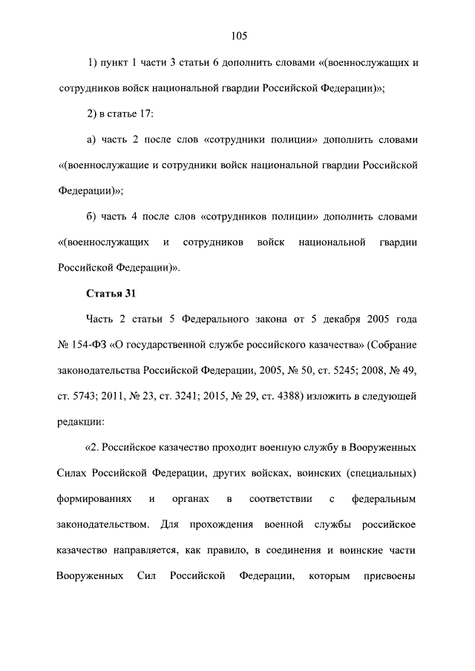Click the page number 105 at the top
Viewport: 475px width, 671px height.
[x=238, y=36]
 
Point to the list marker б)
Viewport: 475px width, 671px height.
[x=93, y=216]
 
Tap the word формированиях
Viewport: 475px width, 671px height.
[x=94, y=500]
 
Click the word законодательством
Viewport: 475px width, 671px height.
[x=103, y=526]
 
